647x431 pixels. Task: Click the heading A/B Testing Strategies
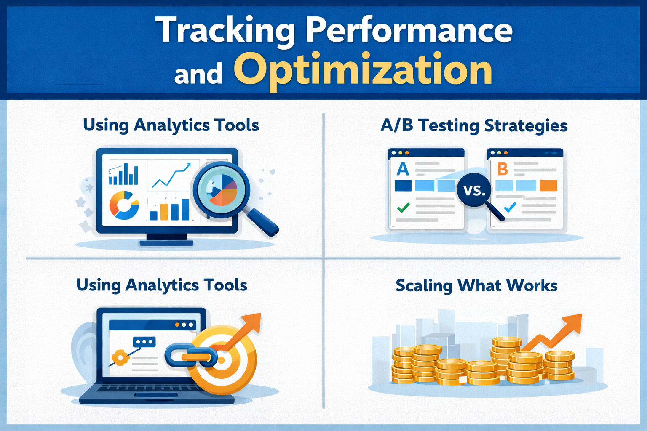pyautogui.click(x=474, y=126)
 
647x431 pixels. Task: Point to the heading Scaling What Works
pyautogui.click(x=476, y=286)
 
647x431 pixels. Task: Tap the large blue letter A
pyautogui.click(x=403, y=169)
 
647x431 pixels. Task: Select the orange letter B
pyautogui.click(x=503, y=169)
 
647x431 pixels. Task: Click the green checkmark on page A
pyautogui.click(x=403, y=208)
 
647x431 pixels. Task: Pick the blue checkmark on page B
pyautogui.click(x=510, y=208)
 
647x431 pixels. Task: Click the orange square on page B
pyautogui.click(x=548, y=185)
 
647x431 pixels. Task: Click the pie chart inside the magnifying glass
pyautogui.click(x=222, y=189)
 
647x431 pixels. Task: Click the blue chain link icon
pyautogui.click(x=191, y=356)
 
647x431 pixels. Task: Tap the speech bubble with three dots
pyautogui.click(x=144, y=342)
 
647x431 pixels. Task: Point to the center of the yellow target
pyautogui.click(x=221, y=360)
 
